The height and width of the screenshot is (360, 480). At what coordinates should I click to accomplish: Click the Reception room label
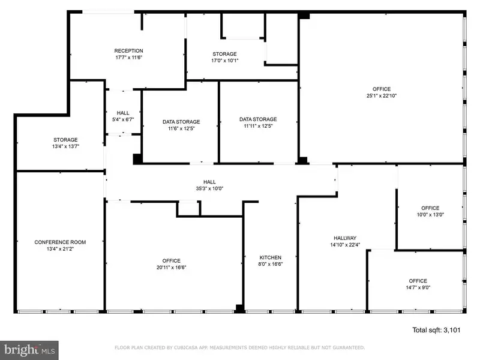point(128,51)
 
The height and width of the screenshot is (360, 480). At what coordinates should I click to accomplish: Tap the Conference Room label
point(60,242)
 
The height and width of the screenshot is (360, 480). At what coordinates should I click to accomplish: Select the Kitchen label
point(271,257)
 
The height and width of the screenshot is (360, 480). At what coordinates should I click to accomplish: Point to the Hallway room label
point(345,238)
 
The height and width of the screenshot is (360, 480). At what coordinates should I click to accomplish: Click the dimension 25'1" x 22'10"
point(382,95)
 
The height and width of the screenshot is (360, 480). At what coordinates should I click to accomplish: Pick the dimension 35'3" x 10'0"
point(209,188)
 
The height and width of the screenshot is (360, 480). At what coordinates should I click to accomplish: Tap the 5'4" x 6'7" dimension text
point(123,119)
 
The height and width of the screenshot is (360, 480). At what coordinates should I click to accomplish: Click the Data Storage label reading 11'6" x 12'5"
point(181,122)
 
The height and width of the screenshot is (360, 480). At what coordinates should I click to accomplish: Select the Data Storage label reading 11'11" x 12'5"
point(258,119)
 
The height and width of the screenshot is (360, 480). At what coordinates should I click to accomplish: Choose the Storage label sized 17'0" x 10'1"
point(224,54)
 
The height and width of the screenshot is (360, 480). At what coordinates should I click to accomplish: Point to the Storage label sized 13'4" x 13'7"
point(65,140)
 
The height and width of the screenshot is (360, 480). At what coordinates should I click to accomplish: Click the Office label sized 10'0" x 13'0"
point(430,208)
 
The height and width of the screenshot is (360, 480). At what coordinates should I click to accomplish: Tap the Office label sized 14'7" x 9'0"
point(418,281)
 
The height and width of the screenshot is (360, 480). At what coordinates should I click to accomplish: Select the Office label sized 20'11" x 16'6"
point(172,261)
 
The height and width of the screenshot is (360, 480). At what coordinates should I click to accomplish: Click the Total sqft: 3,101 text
point(436,330)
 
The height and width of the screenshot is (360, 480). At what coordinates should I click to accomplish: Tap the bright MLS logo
point(29,350)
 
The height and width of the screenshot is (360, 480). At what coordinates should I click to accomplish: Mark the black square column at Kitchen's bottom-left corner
point(239,308)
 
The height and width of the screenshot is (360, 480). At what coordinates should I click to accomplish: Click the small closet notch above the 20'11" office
point(188,209)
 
